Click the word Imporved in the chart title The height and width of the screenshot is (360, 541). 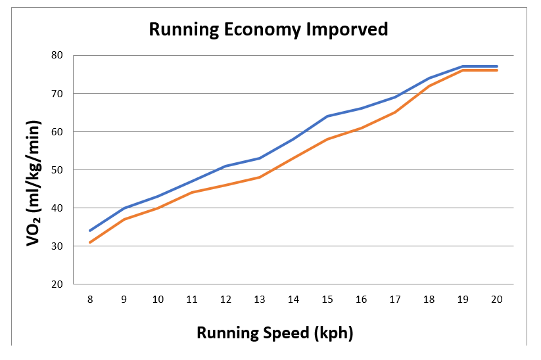pos(351,30)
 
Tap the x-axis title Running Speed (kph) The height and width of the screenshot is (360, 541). pos(275,332)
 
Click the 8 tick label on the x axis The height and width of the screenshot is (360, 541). pos(90,299)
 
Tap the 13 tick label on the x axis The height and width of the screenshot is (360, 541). pos(260,299)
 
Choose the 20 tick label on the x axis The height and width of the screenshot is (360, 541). pos(497,299)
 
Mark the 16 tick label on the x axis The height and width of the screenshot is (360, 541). pos(361,299)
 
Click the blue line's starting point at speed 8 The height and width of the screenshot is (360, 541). pos(90,231)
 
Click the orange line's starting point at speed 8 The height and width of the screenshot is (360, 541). pos(90,242)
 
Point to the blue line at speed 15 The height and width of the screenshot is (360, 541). pos(327,116)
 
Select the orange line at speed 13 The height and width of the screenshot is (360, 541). pos(260,177)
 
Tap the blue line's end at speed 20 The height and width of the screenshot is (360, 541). pos(497,66)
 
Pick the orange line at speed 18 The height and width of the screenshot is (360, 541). pos(429,85)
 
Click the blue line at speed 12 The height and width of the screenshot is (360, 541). pos(225,166)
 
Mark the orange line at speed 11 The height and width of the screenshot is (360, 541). pos(192,192)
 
